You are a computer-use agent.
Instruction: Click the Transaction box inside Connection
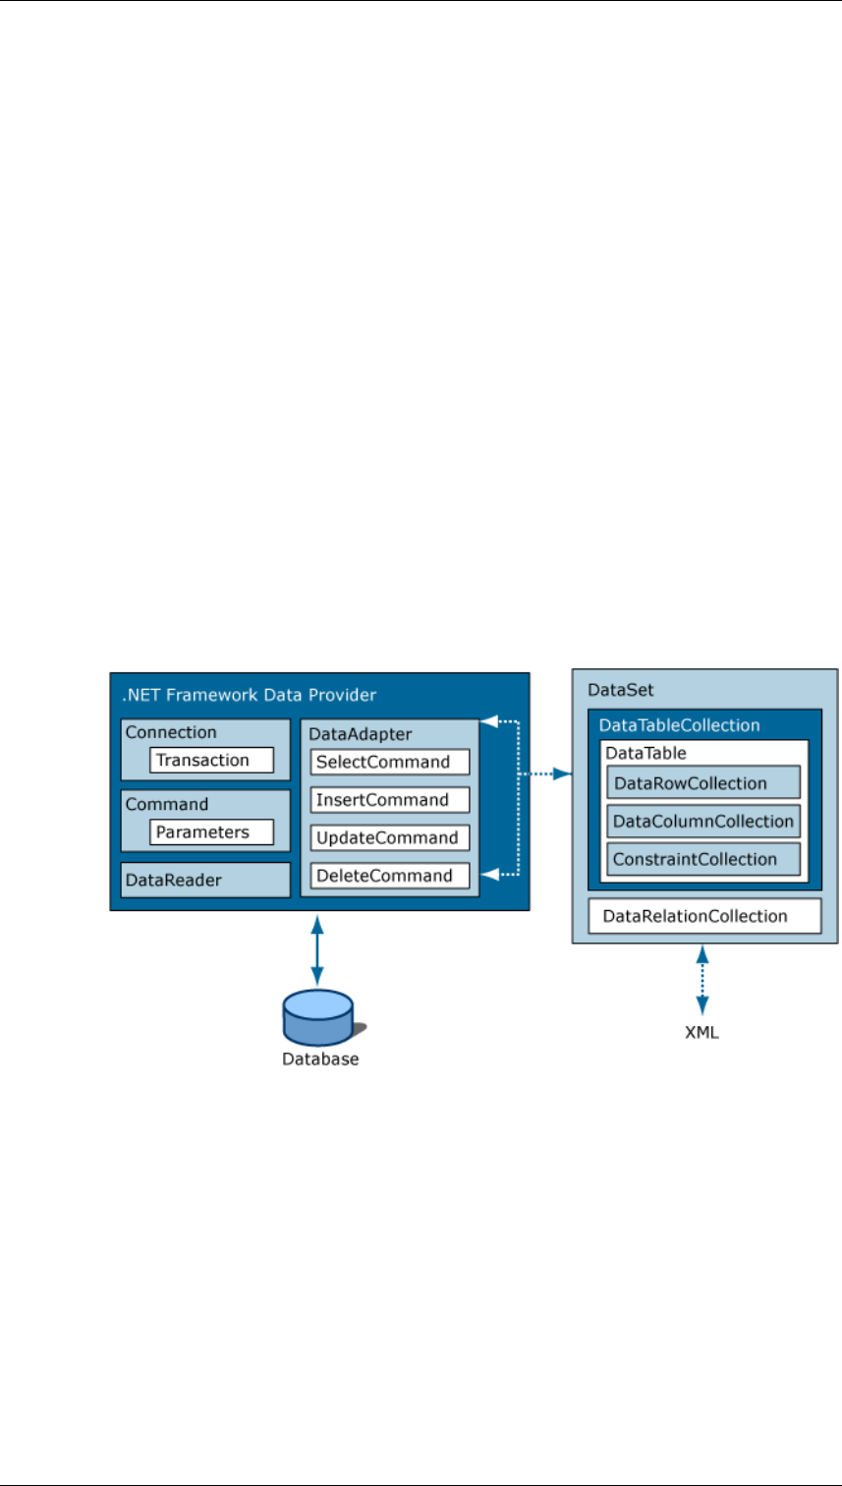click(211, 760)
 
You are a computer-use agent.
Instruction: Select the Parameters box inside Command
click(211, 832)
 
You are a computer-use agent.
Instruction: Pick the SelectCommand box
click(390, 762)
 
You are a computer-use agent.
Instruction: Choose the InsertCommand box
click(390, 800)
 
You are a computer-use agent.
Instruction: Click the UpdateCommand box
click(390, 837)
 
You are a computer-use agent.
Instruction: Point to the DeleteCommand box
click(390, 876)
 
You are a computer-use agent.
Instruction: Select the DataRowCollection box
click(703, 783)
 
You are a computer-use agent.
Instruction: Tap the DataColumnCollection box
click(703, 821)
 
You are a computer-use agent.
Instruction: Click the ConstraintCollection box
click(703, 859)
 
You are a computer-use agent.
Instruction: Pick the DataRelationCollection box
click(703, 916)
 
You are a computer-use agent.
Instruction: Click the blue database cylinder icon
click(317, 1016)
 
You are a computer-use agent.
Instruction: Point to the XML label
click(702, 1034)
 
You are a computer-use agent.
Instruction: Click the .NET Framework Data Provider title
click(249, 696)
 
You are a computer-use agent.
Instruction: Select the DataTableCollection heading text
click(679, 725)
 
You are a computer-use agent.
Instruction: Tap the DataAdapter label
click(346, 733)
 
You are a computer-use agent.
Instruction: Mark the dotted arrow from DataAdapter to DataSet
click(545, 774)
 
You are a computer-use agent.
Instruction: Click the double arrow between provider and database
click(317, 950)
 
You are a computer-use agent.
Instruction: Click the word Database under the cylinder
click(320, 1059)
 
